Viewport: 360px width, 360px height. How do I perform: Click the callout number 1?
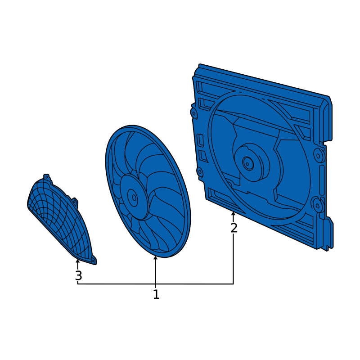156,294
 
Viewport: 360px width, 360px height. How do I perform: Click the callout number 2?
234,228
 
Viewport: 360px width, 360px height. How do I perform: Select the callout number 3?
78,275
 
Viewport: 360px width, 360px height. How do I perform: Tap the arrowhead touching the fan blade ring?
156,258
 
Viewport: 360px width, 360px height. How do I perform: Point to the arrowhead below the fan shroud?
233,214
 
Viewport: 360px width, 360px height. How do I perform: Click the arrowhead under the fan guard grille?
77,261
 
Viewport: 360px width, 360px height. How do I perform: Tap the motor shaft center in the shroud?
247,164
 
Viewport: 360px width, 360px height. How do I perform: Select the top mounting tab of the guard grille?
46,177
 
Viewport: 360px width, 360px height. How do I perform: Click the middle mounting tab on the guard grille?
74,201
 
